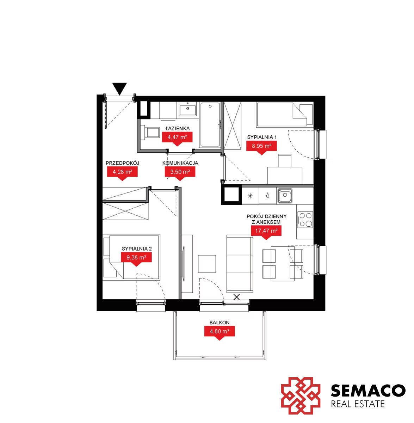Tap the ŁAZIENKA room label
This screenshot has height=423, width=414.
(177, 128)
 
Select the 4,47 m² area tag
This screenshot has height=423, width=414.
(177, 139)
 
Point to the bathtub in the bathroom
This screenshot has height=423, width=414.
(210, 125)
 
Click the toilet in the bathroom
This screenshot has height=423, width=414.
(150, 133)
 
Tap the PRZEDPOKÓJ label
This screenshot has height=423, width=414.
(123, 163)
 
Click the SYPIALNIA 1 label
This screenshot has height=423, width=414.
(262, 137)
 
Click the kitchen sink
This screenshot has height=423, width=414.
(284, 196)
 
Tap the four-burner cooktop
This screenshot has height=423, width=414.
(305, 220)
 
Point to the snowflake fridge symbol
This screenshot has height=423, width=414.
(250, 196)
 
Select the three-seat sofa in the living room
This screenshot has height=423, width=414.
(240, 264)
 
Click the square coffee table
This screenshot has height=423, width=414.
(207, 264)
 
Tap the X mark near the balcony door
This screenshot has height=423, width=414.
(236, 297)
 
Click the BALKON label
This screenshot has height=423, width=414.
(219, 323)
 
